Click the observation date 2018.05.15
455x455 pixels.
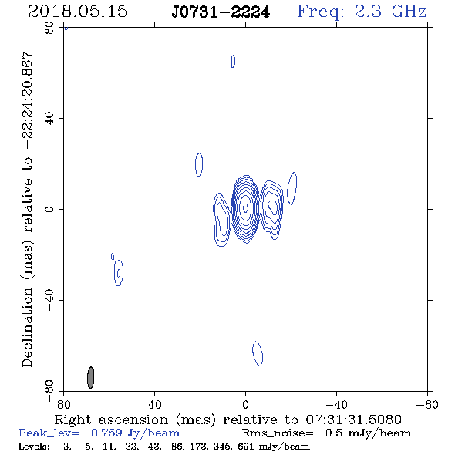click(78, 12)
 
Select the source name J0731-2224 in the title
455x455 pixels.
click(221, 12)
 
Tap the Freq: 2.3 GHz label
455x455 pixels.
click(362, 12)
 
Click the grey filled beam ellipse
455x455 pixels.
click(90, 377)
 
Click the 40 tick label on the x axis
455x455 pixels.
click(154, 405)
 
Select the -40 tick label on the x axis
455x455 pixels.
click(336, 405)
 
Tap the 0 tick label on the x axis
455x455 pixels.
click(245, 405)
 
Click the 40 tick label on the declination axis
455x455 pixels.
click(49, 119)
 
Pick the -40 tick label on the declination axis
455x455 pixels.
click(49, 300)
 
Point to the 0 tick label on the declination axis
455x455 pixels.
click(49, 209)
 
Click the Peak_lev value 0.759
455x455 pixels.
click(106, 433)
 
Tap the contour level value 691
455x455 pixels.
click(245, 446)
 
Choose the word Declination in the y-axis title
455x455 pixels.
click(27, 327)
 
